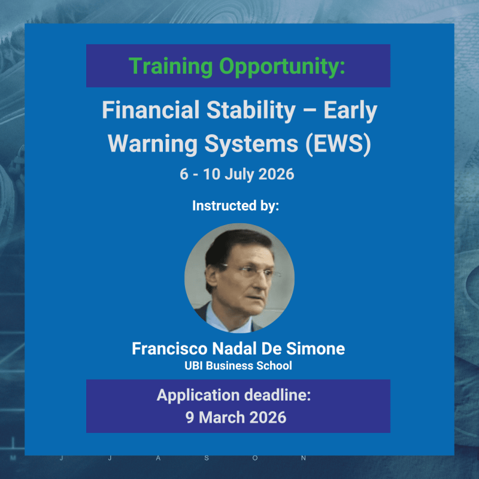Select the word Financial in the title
click(x=145, y=111)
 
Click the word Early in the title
click(x=353, y=111)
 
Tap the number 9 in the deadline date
click(x=191, y=417)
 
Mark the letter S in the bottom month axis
click(x=206, y=458)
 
